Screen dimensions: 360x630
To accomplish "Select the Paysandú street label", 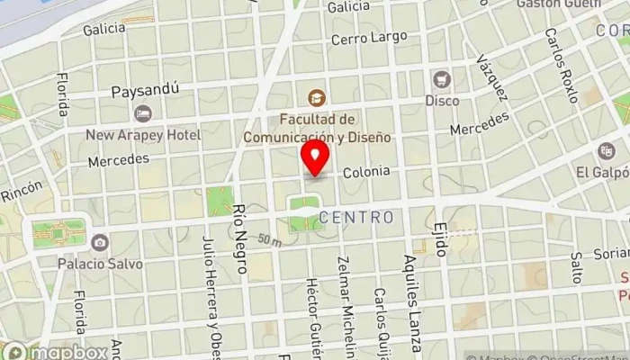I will point(146,90).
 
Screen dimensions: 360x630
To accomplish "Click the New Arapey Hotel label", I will point(143,135).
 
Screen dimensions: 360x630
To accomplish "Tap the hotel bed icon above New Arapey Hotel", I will point(142,113).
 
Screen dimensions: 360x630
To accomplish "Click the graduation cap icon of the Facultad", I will point(316,96).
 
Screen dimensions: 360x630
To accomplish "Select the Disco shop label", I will point(442,101).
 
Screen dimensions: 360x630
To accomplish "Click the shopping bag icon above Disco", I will point(441,79).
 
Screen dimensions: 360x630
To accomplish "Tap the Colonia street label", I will point(366,170).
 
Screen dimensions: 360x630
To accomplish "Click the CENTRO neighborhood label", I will point(356,218).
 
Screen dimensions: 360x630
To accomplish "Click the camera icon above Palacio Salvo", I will point(99,242).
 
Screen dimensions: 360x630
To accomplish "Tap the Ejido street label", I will point(440,238).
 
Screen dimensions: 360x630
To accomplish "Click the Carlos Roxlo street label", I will point(560,65).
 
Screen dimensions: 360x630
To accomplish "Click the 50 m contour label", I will point(269,240).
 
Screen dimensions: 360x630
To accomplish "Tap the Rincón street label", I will point(21,191).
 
